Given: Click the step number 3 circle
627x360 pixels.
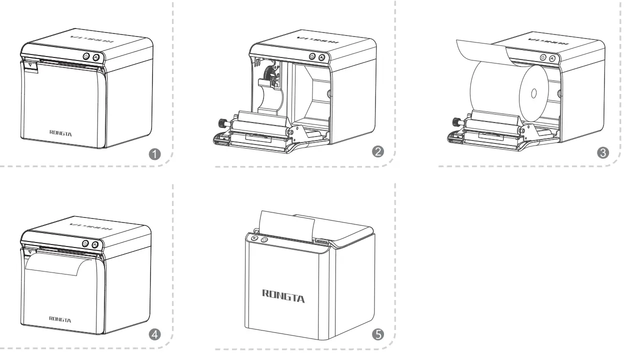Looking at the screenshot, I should coord(603,153).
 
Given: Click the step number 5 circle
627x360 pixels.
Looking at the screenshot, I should coord(378,334).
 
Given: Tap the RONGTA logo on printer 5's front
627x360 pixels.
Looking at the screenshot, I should coord(283,295).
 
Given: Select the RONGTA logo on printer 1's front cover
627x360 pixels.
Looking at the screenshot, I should coord(60,132).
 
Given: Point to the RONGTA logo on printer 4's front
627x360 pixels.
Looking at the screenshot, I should coord(60,319).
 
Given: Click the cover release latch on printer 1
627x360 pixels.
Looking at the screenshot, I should coord(30,65).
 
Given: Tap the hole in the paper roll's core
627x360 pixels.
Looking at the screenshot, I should coord(533,93).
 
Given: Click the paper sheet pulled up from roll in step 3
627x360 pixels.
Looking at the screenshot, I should coord(480,48).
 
